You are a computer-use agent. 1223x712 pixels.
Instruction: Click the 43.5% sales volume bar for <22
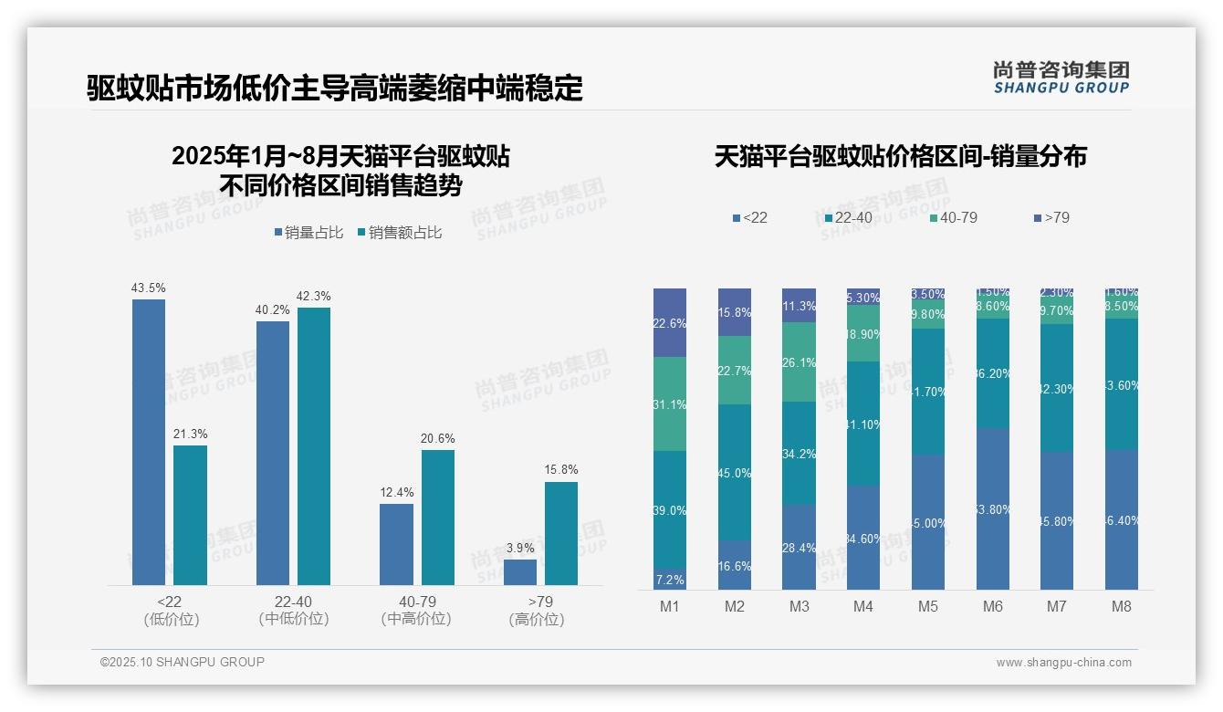[149, 442]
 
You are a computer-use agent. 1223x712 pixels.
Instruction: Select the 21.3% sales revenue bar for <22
[190, 515]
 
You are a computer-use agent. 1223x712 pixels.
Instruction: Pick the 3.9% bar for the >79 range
[520, 572]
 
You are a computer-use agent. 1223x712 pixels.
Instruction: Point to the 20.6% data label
[437, 438]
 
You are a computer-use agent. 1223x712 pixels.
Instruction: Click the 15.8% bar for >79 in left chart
[561, 533]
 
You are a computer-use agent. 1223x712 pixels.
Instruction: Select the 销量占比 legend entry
[308, 233]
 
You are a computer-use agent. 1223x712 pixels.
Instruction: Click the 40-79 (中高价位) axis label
[416, 610]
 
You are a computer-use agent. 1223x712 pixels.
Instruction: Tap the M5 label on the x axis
[928, 606]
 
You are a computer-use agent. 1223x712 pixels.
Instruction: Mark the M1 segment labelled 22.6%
[670, 322]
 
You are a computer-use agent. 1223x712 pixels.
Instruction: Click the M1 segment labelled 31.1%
[670, 403]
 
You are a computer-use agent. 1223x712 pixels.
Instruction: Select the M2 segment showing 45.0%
[734, 472]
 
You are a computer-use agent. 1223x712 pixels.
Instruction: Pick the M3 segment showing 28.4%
[799, 547]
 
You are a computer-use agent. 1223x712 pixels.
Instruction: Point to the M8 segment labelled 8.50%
[1122, 307]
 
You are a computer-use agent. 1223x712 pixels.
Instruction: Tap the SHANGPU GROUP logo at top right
[1061, 78]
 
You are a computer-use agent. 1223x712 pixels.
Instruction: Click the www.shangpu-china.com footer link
[1063, 663]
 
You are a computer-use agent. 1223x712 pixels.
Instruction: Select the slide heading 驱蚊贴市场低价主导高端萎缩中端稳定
[335, 89]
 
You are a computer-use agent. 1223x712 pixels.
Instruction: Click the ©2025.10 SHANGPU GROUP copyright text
[183, 662]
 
